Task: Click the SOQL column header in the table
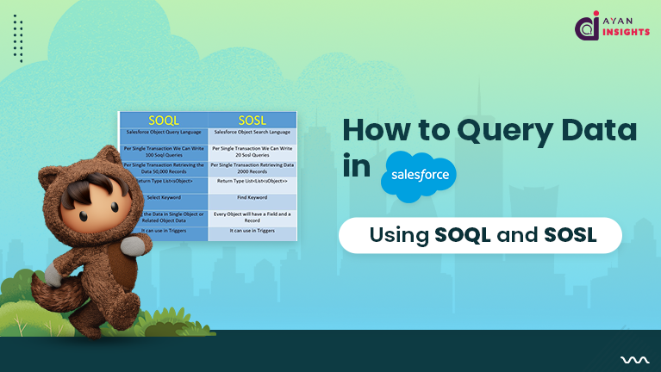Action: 164,120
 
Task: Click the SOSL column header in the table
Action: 253,120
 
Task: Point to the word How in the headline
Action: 379,130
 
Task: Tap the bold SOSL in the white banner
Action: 567,235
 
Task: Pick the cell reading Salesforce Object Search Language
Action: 253,133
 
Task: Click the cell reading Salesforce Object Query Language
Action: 164,133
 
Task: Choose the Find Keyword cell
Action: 253,198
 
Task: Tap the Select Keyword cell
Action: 164,198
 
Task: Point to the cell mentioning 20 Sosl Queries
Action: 253,150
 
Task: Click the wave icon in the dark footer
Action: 629,360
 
